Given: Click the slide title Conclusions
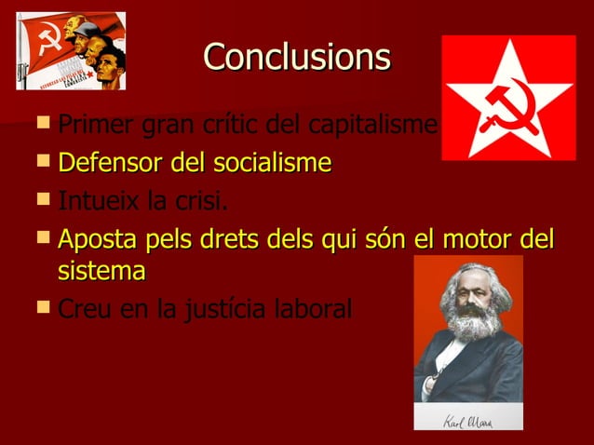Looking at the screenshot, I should coord(296,58).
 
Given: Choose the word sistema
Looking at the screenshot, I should coord(101,272).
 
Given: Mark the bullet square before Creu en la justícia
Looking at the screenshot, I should coord(43,307).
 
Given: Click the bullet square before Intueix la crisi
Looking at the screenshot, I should coord(43,199).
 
